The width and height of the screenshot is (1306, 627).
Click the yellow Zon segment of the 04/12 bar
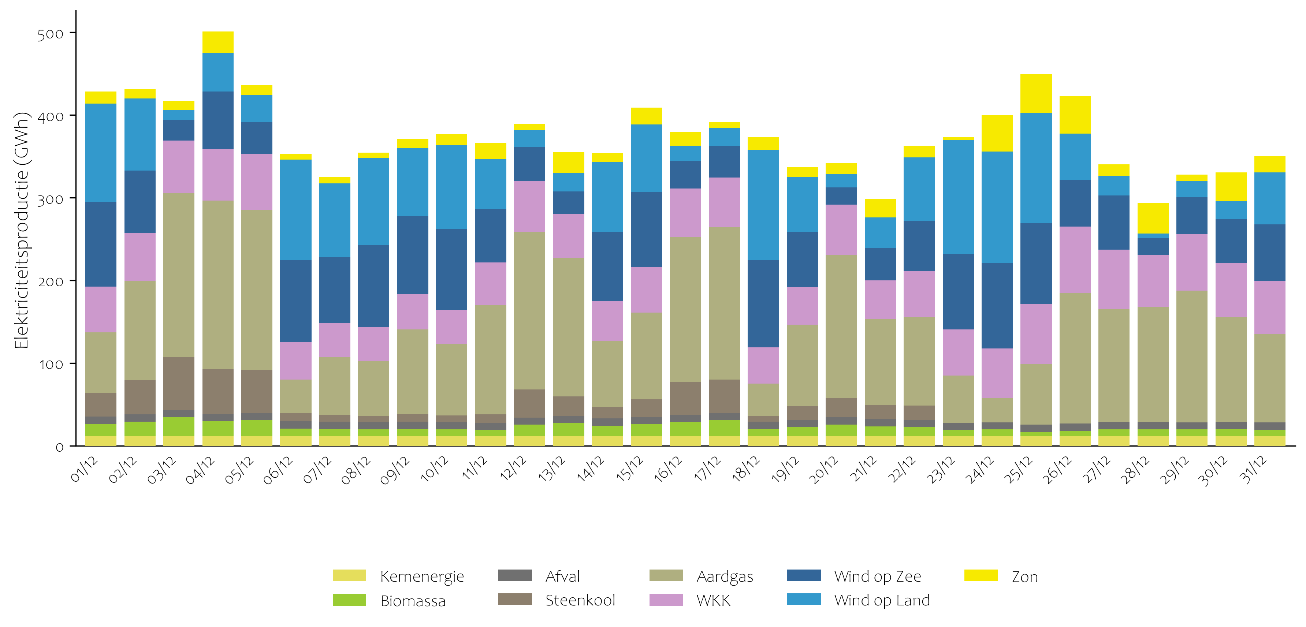pos(218,42)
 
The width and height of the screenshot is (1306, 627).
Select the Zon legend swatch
pos(981,576)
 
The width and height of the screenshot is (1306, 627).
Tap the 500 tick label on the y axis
pos(50,34)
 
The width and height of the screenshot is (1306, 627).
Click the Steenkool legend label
pos(580,601)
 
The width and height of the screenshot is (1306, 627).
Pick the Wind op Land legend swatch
pos(804,600)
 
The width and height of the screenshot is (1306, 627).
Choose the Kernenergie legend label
pos(422,576)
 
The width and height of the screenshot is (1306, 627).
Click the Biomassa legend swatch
pos(349,600)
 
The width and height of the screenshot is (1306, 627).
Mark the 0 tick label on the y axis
pos(59,447)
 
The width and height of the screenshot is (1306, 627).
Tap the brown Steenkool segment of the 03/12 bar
pos(178,383)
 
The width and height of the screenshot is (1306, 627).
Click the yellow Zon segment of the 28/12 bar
pos(1153,218)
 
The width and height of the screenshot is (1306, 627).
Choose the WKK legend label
pos(713,601)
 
